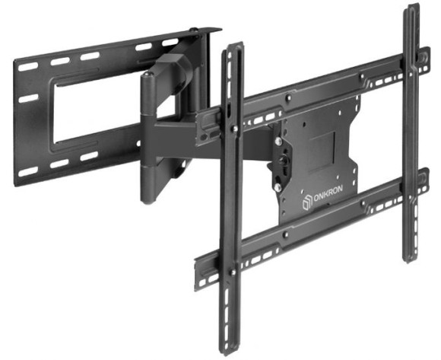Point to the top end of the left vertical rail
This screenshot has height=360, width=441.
pos(233,47)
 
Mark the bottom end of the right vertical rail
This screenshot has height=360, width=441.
pos(411,256)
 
